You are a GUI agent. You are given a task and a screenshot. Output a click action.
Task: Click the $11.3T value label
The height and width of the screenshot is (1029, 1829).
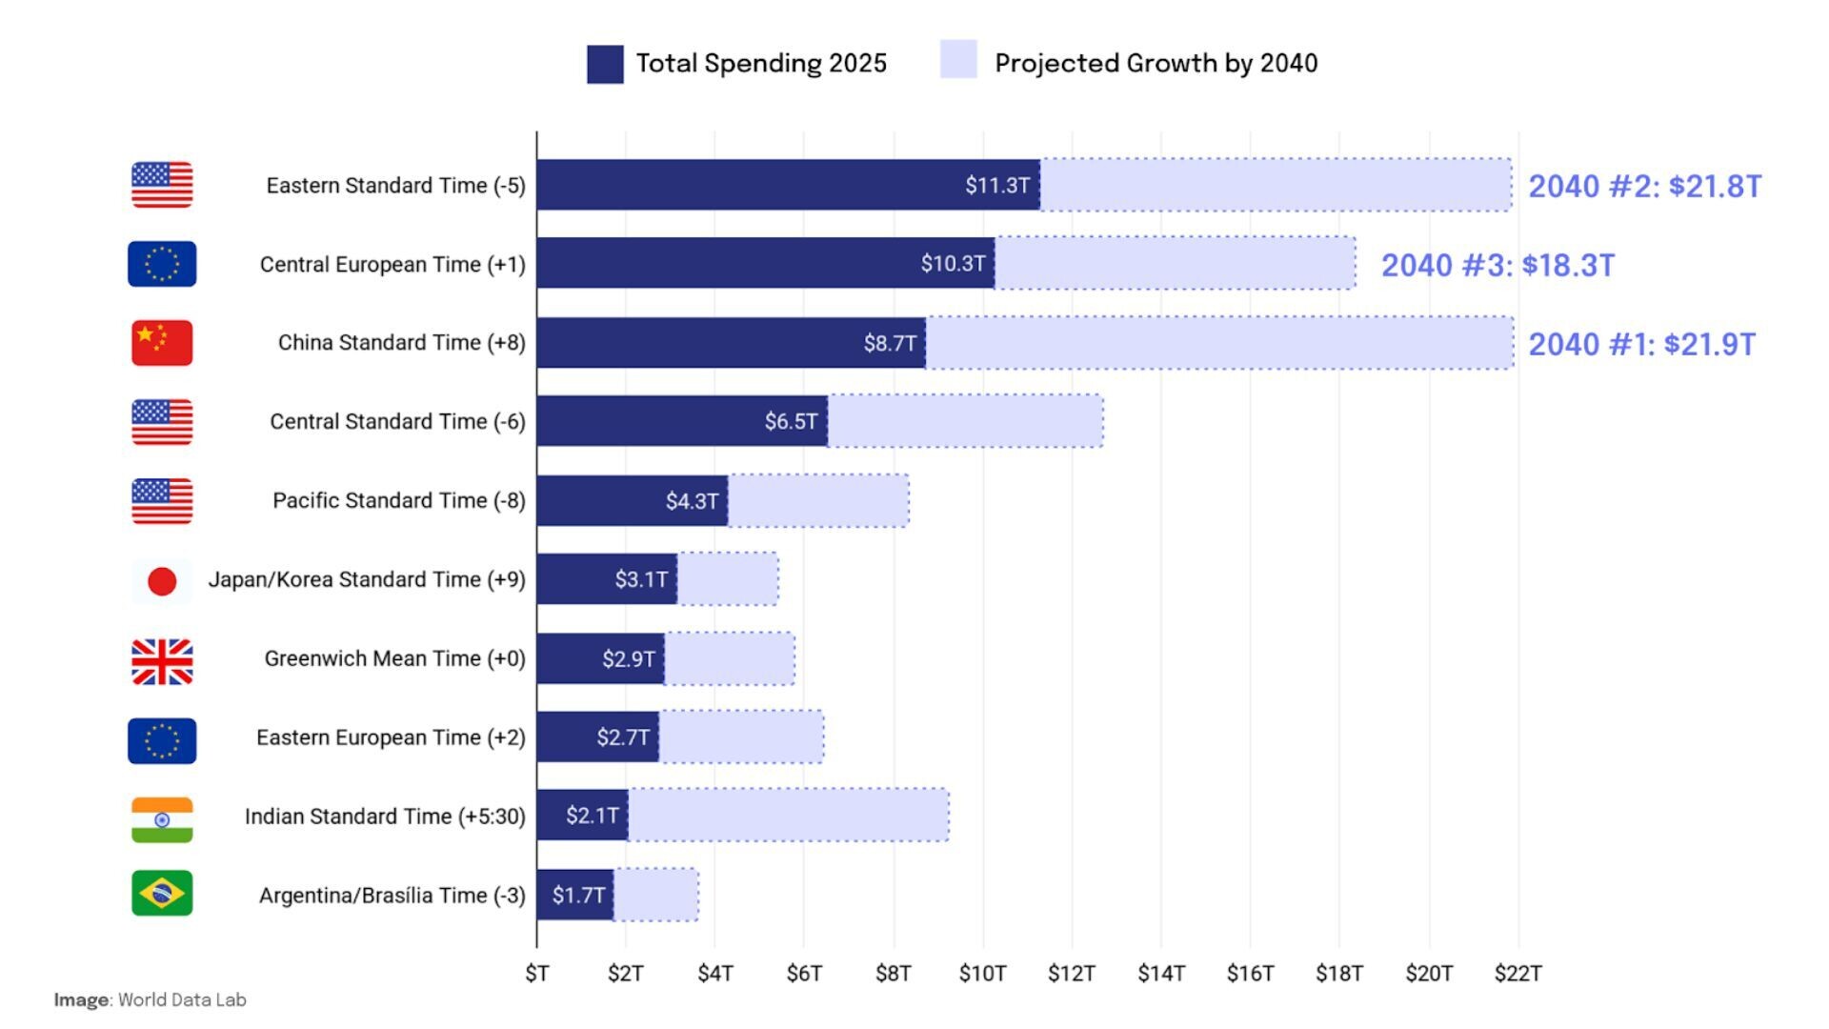pos(996,185)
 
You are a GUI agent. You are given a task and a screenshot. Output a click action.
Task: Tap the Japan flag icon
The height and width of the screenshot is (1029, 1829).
pos(162,580)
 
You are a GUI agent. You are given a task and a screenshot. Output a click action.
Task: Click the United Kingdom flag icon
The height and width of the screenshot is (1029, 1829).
pos(162,660)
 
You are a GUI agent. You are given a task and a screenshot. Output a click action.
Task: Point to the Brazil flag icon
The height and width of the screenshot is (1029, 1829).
pos(162,894)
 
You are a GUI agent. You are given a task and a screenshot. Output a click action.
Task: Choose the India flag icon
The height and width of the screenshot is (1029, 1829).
pos(162,819)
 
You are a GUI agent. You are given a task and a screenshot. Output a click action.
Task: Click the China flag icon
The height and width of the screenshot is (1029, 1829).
pos(162,343)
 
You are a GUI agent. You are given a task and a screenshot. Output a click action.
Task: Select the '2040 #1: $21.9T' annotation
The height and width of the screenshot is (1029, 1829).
pos(1641,344)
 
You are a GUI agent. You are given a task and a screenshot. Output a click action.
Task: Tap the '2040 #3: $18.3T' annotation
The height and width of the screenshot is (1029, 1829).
pos(1497,265)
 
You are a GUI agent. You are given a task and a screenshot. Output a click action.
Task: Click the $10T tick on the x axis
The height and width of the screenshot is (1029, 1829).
pos(982,973)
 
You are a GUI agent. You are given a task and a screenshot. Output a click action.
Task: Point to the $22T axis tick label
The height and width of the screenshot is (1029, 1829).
pos(1517,973)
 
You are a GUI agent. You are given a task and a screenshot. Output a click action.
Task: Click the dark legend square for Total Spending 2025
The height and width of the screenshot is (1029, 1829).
pos(605,64)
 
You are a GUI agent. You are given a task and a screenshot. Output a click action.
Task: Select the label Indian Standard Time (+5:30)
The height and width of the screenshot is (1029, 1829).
pos(385,817)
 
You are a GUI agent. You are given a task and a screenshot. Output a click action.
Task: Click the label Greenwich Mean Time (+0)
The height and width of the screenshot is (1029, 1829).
pos(394,658)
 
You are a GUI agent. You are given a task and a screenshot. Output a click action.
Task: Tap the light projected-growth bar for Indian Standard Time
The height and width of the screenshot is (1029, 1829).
pos(789,816)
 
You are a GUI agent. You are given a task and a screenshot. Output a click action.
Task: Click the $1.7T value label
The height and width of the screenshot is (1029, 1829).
pos(578,896)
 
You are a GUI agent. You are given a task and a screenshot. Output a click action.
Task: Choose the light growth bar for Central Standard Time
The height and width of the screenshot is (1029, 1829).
pos(965,421)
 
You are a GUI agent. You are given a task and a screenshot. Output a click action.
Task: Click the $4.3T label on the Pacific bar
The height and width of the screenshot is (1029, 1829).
pos(692,500)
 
